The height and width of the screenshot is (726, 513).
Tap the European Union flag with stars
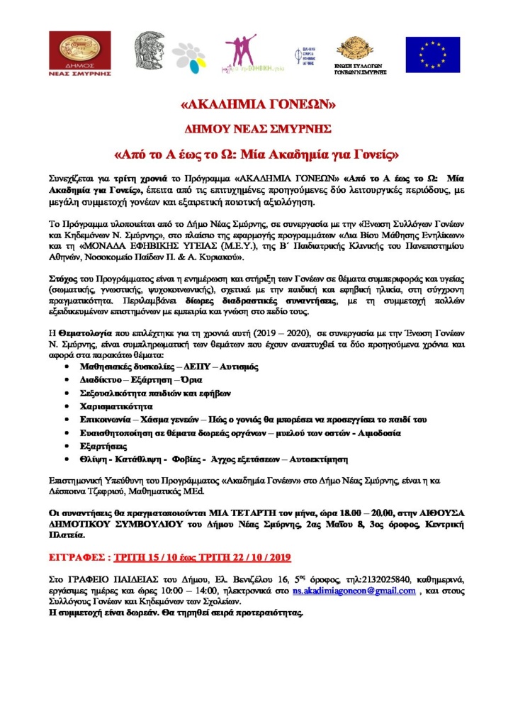pyautogui.click(x=432, y=54)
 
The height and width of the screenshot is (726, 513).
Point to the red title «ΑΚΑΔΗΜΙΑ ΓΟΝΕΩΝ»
pyautogui.click(x=256, y=105)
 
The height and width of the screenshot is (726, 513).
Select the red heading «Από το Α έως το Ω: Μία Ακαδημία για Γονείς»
pyautogui.click(x=256, y=152)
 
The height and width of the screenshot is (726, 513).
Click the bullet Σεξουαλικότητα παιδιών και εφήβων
pyautogui.click(x=154, y=393)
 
